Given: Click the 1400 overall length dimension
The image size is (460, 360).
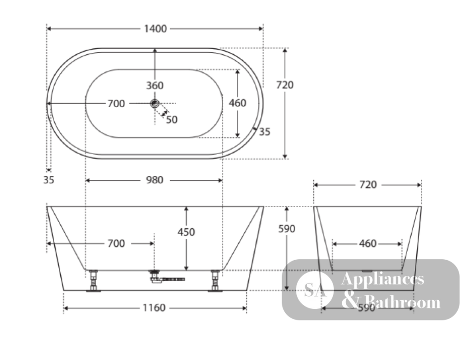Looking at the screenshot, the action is click(155, 29).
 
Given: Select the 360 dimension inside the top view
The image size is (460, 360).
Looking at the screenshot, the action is click(155, 86).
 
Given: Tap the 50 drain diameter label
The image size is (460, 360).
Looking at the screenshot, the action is click(172, 120).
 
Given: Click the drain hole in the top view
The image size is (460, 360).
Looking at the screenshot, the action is click(155, 104).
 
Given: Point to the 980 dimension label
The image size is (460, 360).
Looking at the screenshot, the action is click(155, 180).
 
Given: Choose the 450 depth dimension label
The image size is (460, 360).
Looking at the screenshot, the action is click(186, 232).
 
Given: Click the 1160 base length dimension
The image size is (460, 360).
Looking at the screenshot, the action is click(154, 308).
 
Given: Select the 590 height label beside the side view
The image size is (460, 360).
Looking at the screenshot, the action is click(287, 229).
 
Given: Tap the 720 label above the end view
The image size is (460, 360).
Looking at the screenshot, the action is click(368, 185).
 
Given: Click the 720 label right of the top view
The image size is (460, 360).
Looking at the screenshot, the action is click(285, 85).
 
